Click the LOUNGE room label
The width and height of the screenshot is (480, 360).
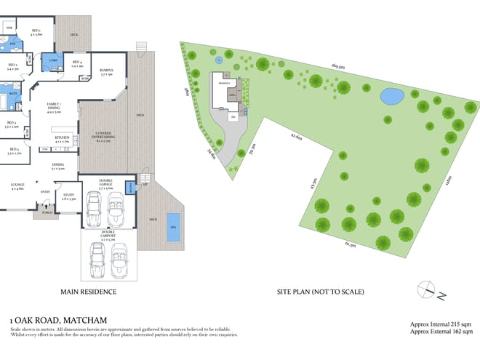[x=17, y=187]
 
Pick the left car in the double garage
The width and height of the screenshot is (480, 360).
[x=93, y=210]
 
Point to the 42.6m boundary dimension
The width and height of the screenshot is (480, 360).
[x=296, y=135]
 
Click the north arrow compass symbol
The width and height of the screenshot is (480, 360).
[x=430, y=290]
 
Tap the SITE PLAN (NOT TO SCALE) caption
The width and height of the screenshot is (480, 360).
[x=320, y=292]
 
